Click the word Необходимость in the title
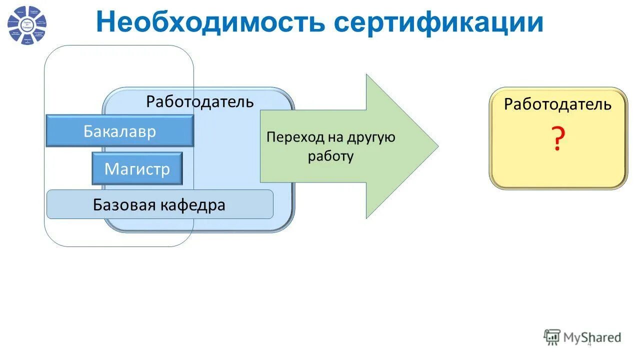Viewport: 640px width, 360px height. (x=210, y=22)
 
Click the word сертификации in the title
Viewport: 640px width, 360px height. (x=438, y=22)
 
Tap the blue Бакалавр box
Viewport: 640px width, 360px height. (x=119, y=131)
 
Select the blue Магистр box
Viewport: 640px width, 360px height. (x=137, y=168)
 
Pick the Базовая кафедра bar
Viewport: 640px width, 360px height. (x=159, y=204)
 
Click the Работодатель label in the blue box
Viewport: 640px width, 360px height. (x=200, y=102)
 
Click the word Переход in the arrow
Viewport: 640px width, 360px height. (x=295, y=137)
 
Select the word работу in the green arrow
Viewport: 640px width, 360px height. (x=330, y=156)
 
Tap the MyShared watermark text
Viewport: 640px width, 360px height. (x=592, y=337)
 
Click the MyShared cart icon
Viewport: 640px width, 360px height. (x=552, y=337)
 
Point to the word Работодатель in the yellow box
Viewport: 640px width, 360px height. (x=557, y=104)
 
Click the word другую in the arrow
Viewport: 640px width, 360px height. (x=370, y=137)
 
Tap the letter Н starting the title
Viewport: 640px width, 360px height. (x=106, y=22)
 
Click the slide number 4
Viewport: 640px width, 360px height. (x=589, y=343)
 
